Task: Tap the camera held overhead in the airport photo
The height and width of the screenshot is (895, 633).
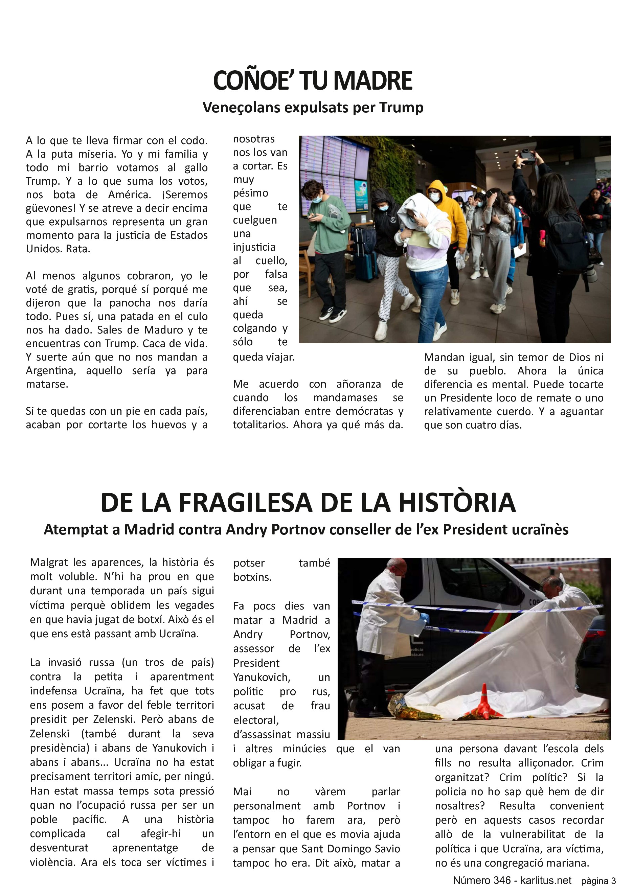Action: coord(529,155)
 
